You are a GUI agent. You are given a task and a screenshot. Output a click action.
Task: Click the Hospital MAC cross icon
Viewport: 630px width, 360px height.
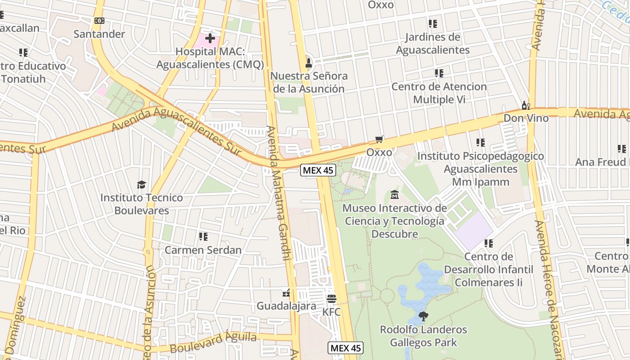point(210,38)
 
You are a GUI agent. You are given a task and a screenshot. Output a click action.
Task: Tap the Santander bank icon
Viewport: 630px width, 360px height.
point(99,21)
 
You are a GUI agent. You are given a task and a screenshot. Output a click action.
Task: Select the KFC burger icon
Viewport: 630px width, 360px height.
point(332,298)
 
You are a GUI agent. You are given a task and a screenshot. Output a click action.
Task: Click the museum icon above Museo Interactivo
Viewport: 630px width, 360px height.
point(395,195)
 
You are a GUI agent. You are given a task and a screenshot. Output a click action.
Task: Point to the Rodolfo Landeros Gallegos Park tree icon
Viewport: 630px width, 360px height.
point(423,316)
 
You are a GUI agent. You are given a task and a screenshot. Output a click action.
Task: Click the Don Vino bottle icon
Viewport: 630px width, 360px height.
point(525,105)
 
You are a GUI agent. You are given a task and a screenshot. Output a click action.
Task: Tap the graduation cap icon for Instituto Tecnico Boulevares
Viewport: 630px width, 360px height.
point(142,184)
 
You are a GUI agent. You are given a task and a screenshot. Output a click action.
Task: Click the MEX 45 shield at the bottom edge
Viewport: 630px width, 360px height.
point(345,348)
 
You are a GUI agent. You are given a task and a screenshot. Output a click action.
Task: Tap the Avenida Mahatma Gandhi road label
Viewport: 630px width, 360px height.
point(279,193)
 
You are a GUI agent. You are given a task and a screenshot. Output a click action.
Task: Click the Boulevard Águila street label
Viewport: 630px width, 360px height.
point(213,342)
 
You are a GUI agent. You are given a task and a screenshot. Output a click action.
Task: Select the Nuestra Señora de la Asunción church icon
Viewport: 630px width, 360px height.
point(309,63)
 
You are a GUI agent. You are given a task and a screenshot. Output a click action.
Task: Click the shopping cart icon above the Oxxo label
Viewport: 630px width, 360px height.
point(379,139)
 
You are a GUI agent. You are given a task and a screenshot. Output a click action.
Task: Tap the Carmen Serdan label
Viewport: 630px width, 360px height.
point(203,250)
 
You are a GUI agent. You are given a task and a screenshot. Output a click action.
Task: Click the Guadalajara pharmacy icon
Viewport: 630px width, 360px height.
point(286,294)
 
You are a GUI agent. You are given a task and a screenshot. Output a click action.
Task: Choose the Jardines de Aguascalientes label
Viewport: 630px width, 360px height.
point(432,43)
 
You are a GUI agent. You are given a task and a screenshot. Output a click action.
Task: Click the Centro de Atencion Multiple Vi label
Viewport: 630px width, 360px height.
point(439,93)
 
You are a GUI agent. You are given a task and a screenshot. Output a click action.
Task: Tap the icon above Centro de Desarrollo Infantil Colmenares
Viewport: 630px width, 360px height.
point(488,243)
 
